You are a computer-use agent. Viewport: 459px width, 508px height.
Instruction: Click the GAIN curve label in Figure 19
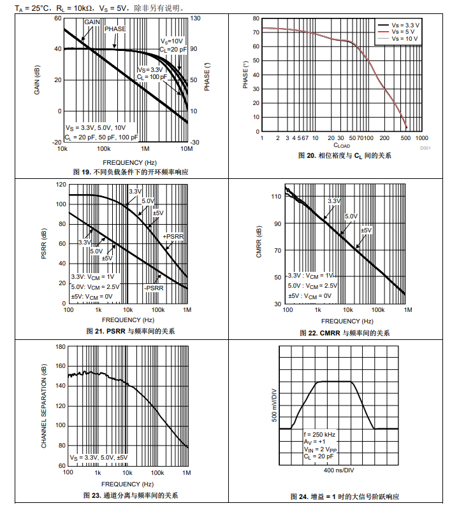[x=92, y=22]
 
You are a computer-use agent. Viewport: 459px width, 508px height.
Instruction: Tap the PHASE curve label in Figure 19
[x=115, y=29]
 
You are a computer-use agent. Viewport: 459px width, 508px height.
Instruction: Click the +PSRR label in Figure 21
[x=173, y=237]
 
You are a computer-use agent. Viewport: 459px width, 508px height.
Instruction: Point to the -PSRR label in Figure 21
[x=154, y=288]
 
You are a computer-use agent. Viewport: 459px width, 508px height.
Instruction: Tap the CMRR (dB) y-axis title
[x=259, y=243]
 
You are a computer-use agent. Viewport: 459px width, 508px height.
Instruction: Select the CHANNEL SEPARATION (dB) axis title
[x=45, y=406]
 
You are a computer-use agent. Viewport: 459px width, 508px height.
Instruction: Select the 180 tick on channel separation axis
[x=61, y=347]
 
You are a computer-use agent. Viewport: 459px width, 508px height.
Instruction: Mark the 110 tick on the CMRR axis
[x=275, y=197]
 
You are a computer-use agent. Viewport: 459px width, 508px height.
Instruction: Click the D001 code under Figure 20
[x=425, y=148]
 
